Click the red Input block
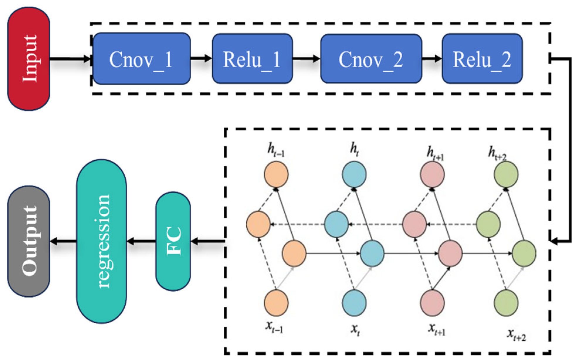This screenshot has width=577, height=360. (28, 59)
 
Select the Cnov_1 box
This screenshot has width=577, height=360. (142, 59)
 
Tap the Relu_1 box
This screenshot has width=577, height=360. (252, 59)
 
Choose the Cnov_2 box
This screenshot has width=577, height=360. (371, 59)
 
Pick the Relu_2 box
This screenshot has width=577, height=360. (482, 59)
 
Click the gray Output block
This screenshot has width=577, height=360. (28, 241)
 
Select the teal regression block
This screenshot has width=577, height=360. (101, 241)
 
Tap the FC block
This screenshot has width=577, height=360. (173, 241)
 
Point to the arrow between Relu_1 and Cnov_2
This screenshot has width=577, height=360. (306, 59)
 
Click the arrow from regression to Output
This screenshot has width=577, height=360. (63, 241)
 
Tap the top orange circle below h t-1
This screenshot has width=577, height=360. (276, 174)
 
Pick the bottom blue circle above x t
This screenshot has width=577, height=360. (354, 303)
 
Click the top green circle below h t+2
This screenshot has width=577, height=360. (506, 174)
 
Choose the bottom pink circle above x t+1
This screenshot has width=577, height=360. (432, 303)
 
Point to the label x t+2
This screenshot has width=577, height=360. (516, 335)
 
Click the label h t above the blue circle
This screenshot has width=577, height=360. (354, 150)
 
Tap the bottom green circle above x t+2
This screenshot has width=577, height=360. (506, 303)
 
